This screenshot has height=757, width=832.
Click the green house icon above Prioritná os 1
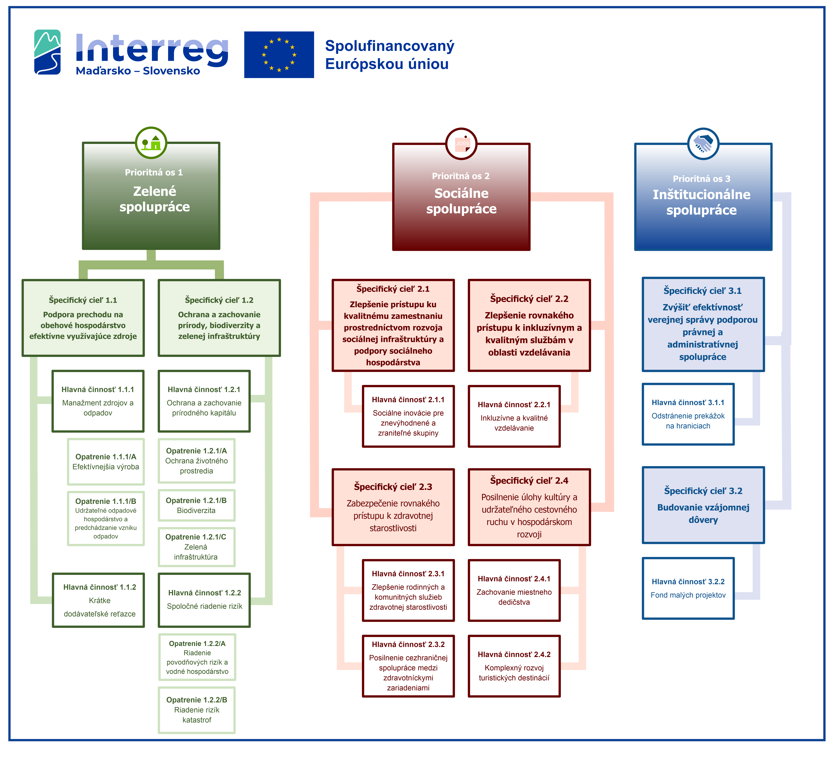click(x=151, y=143)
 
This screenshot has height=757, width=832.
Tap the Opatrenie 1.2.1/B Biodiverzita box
click(x=196, y=505)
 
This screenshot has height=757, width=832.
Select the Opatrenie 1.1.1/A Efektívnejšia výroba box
click(x=106, y=461)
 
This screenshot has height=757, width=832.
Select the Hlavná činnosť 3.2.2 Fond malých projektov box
click(x=688, y=588)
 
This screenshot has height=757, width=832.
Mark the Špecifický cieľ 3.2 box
click(x=703, y=505)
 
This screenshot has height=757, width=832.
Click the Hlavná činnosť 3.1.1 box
click(x=688, y=414)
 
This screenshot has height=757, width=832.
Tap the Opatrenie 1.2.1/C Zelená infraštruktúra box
click(x=196, y=547)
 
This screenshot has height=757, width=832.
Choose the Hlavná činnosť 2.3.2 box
click(x=408, y=666)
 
